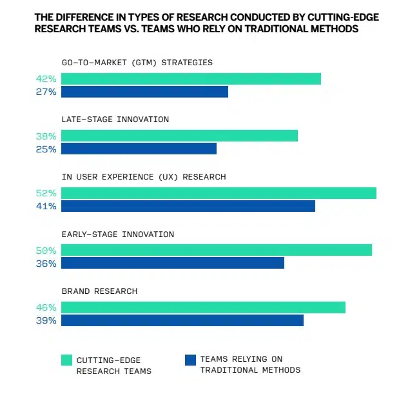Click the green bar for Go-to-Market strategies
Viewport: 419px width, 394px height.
pyautogui.click(x=191, y=79)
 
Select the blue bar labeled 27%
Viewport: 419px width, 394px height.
pyautogui.click(x=144, y=92)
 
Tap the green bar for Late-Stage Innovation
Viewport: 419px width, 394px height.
pyautogui.click(x=179, y=136)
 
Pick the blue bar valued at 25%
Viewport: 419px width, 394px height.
pyautogui.click(x=139, y=149)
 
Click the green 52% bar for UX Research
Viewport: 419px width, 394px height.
pyautogui.click(x=219, y=193)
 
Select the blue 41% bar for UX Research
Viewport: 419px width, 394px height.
pyautogui.click(x=188, y=206)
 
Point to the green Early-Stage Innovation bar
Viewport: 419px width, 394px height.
pyautogui.click(x=216, y=250)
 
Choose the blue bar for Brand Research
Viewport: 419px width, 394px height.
pyautogui.click(x=182, y=320)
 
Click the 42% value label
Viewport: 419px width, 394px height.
pyautogui.click(x=46, y=79)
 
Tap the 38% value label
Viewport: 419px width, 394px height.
pyautogui.click(x=46, y=136)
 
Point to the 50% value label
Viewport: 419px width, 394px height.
pyautogui.click(x=46, y=250)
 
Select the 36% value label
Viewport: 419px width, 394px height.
pyautogui.click(x=46, y=264)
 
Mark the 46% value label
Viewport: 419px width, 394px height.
pyautogui.click(x=46, y=307)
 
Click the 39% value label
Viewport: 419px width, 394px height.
pyautogui.click(x=46, y=320)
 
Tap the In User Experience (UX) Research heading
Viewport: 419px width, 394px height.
pyautogui.click(x=143, y=177)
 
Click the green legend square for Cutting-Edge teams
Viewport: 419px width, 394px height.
pyautogui.click(x=66, y=360)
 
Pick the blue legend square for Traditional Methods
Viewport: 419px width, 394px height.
pyautogui.click(x=190, y=359)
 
